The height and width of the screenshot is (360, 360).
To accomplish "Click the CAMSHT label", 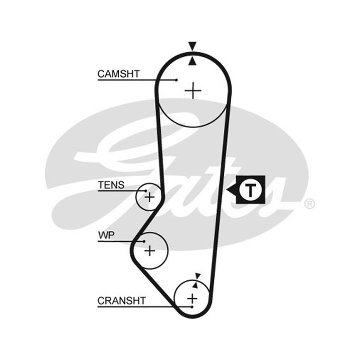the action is click(x=118, y=74).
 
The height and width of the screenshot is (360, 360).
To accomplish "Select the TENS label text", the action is click(x=111, y=185).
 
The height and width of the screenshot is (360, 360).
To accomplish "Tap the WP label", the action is click(x=106, y=235).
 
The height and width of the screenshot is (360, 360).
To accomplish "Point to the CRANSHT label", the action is click(x=121, y=301).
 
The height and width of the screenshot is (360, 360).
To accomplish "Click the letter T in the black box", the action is click(x=250, y=190).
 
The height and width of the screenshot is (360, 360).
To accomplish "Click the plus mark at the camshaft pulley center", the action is click(x=193, y=91).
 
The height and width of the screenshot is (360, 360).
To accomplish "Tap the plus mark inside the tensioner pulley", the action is click(x=150, y=197).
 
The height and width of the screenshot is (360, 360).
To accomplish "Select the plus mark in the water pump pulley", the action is click(x=150, y=251).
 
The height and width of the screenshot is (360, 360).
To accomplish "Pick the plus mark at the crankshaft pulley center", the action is click(x=192, y=299).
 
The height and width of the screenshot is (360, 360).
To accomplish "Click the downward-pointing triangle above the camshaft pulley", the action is click(x=193, y=45).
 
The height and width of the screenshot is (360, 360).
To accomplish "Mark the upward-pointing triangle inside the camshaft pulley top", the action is click(x=193, y=61).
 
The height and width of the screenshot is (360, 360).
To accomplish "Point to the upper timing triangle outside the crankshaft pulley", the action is click(x=198, y=276).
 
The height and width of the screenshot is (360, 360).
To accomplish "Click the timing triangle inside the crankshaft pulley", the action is click(x=195, y=285).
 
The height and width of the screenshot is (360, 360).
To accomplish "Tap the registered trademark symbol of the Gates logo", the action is click(x=309, y=204).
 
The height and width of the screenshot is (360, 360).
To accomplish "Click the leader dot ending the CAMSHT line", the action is click(x=176, y=80).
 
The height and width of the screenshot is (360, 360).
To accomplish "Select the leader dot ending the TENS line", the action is click(x=146, y=190).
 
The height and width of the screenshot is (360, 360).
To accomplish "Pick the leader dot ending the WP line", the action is click(x=144, y=241).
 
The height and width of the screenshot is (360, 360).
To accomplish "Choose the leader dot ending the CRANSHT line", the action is click(x=192, y=307).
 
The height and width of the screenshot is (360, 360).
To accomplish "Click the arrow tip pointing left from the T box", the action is click(x=227, y=190).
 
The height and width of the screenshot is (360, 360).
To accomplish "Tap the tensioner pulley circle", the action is click(x=137, y=197).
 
